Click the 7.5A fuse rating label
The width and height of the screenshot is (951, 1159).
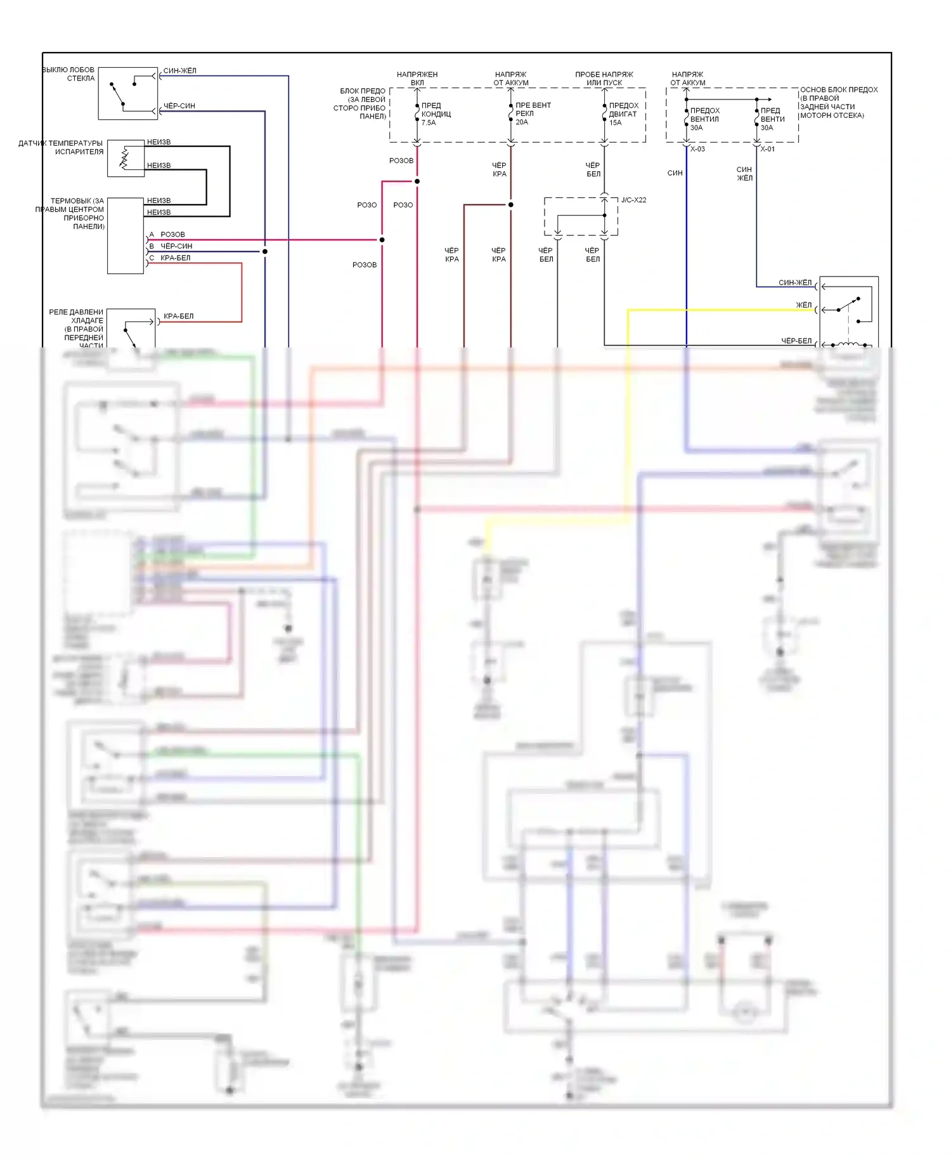[429, 123]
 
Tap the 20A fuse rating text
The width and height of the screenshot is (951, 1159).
[522, 122]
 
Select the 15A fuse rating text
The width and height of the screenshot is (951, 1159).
[615, 123]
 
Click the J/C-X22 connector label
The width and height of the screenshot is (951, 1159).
[633, 200]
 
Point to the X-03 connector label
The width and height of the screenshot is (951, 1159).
[697, 150]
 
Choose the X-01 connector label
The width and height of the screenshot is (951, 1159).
[767, 150]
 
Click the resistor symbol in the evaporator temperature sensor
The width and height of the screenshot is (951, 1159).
[124, 159]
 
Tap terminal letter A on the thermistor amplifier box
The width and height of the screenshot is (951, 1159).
[152, 235]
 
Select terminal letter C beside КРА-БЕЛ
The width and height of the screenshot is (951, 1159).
[152, 258]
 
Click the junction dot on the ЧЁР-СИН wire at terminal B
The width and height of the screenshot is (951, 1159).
[265, 252]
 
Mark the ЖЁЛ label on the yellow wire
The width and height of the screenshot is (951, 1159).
[803, 305]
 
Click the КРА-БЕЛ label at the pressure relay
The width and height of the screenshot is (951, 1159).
[179, 316]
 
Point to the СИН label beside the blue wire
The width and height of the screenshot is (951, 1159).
[675, 173]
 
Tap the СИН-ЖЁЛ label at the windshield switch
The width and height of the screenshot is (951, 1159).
[179, 71]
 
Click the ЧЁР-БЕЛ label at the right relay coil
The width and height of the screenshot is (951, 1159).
[796, 341]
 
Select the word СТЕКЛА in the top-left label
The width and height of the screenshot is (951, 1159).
[81, 79]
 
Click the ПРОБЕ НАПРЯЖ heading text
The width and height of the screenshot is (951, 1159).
[604, 75]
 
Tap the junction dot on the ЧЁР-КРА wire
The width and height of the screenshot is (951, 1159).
[510, 205]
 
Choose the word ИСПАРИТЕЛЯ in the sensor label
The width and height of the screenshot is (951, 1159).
[79, 152]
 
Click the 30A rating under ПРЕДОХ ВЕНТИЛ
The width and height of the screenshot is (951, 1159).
[696, 128]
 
